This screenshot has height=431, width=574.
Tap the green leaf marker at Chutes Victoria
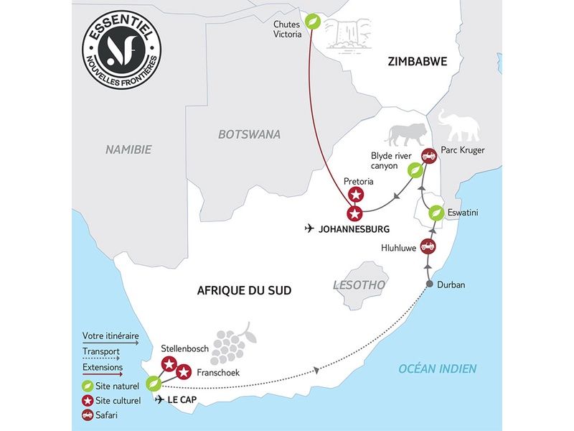[313, 22]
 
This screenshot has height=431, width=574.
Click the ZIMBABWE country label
[417, 62]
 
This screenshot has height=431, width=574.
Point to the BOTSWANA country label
[249, 134]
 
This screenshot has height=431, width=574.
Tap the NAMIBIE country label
[128, 150]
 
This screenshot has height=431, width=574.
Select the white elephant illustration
[460, 127]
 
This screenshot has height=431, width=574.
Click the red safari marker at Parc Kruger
[429, 155]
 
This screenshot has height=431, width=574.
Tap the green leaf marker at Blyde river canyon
[415, 170]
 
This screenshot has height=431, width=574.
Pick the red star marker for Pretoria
[356, 194]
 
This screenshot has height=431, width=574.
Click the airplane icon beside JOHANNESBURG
[309, 229]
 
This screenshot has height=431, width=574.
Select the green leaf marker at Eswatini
[435, 213]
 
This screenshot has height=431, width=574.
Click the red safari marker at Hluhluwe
[428, 246]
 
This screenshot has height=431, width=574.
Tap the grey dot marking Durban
[429, 284]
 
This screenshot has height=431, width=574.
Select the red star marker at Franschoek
[183, 372]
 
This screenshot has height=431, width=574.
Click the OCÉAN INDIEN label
[438, 369]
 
